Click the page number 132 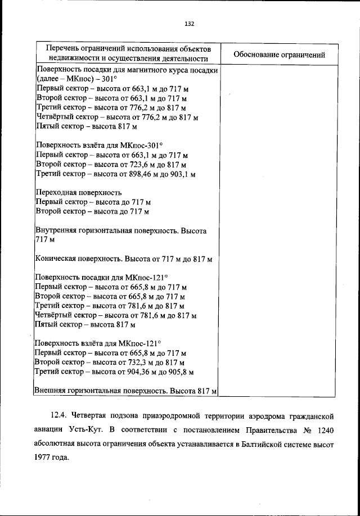click(189, 24)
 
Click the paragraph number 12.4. click(59, 417)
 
